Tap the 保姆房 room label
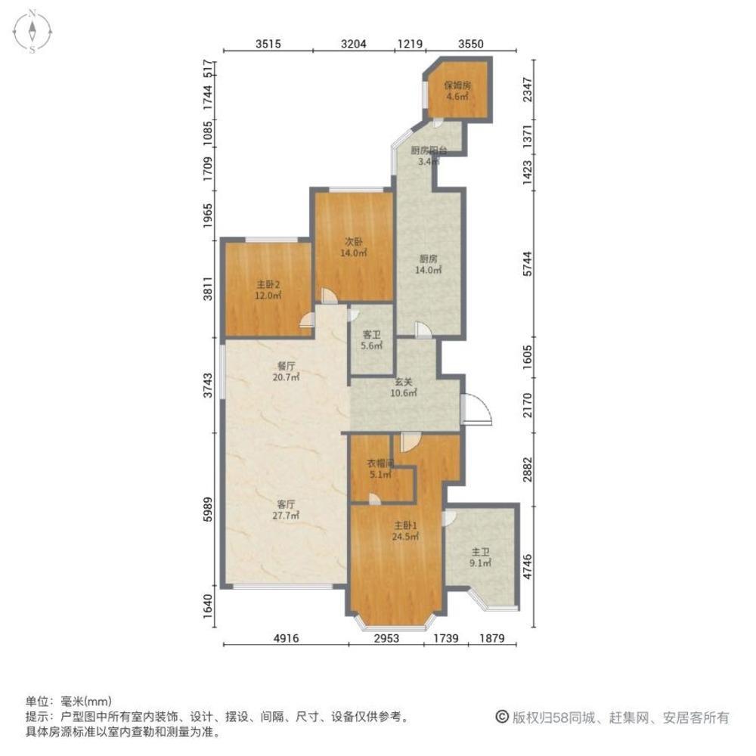coord(457,85)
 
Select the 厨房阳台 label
coord(429,150)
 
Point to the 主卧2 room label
coord(268,284)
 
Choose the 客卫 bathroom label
coord(372,333)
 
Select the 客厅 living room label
coord(285,504)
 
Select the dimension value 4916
coord(285,639)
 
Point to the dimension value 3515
coord(268,45)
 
